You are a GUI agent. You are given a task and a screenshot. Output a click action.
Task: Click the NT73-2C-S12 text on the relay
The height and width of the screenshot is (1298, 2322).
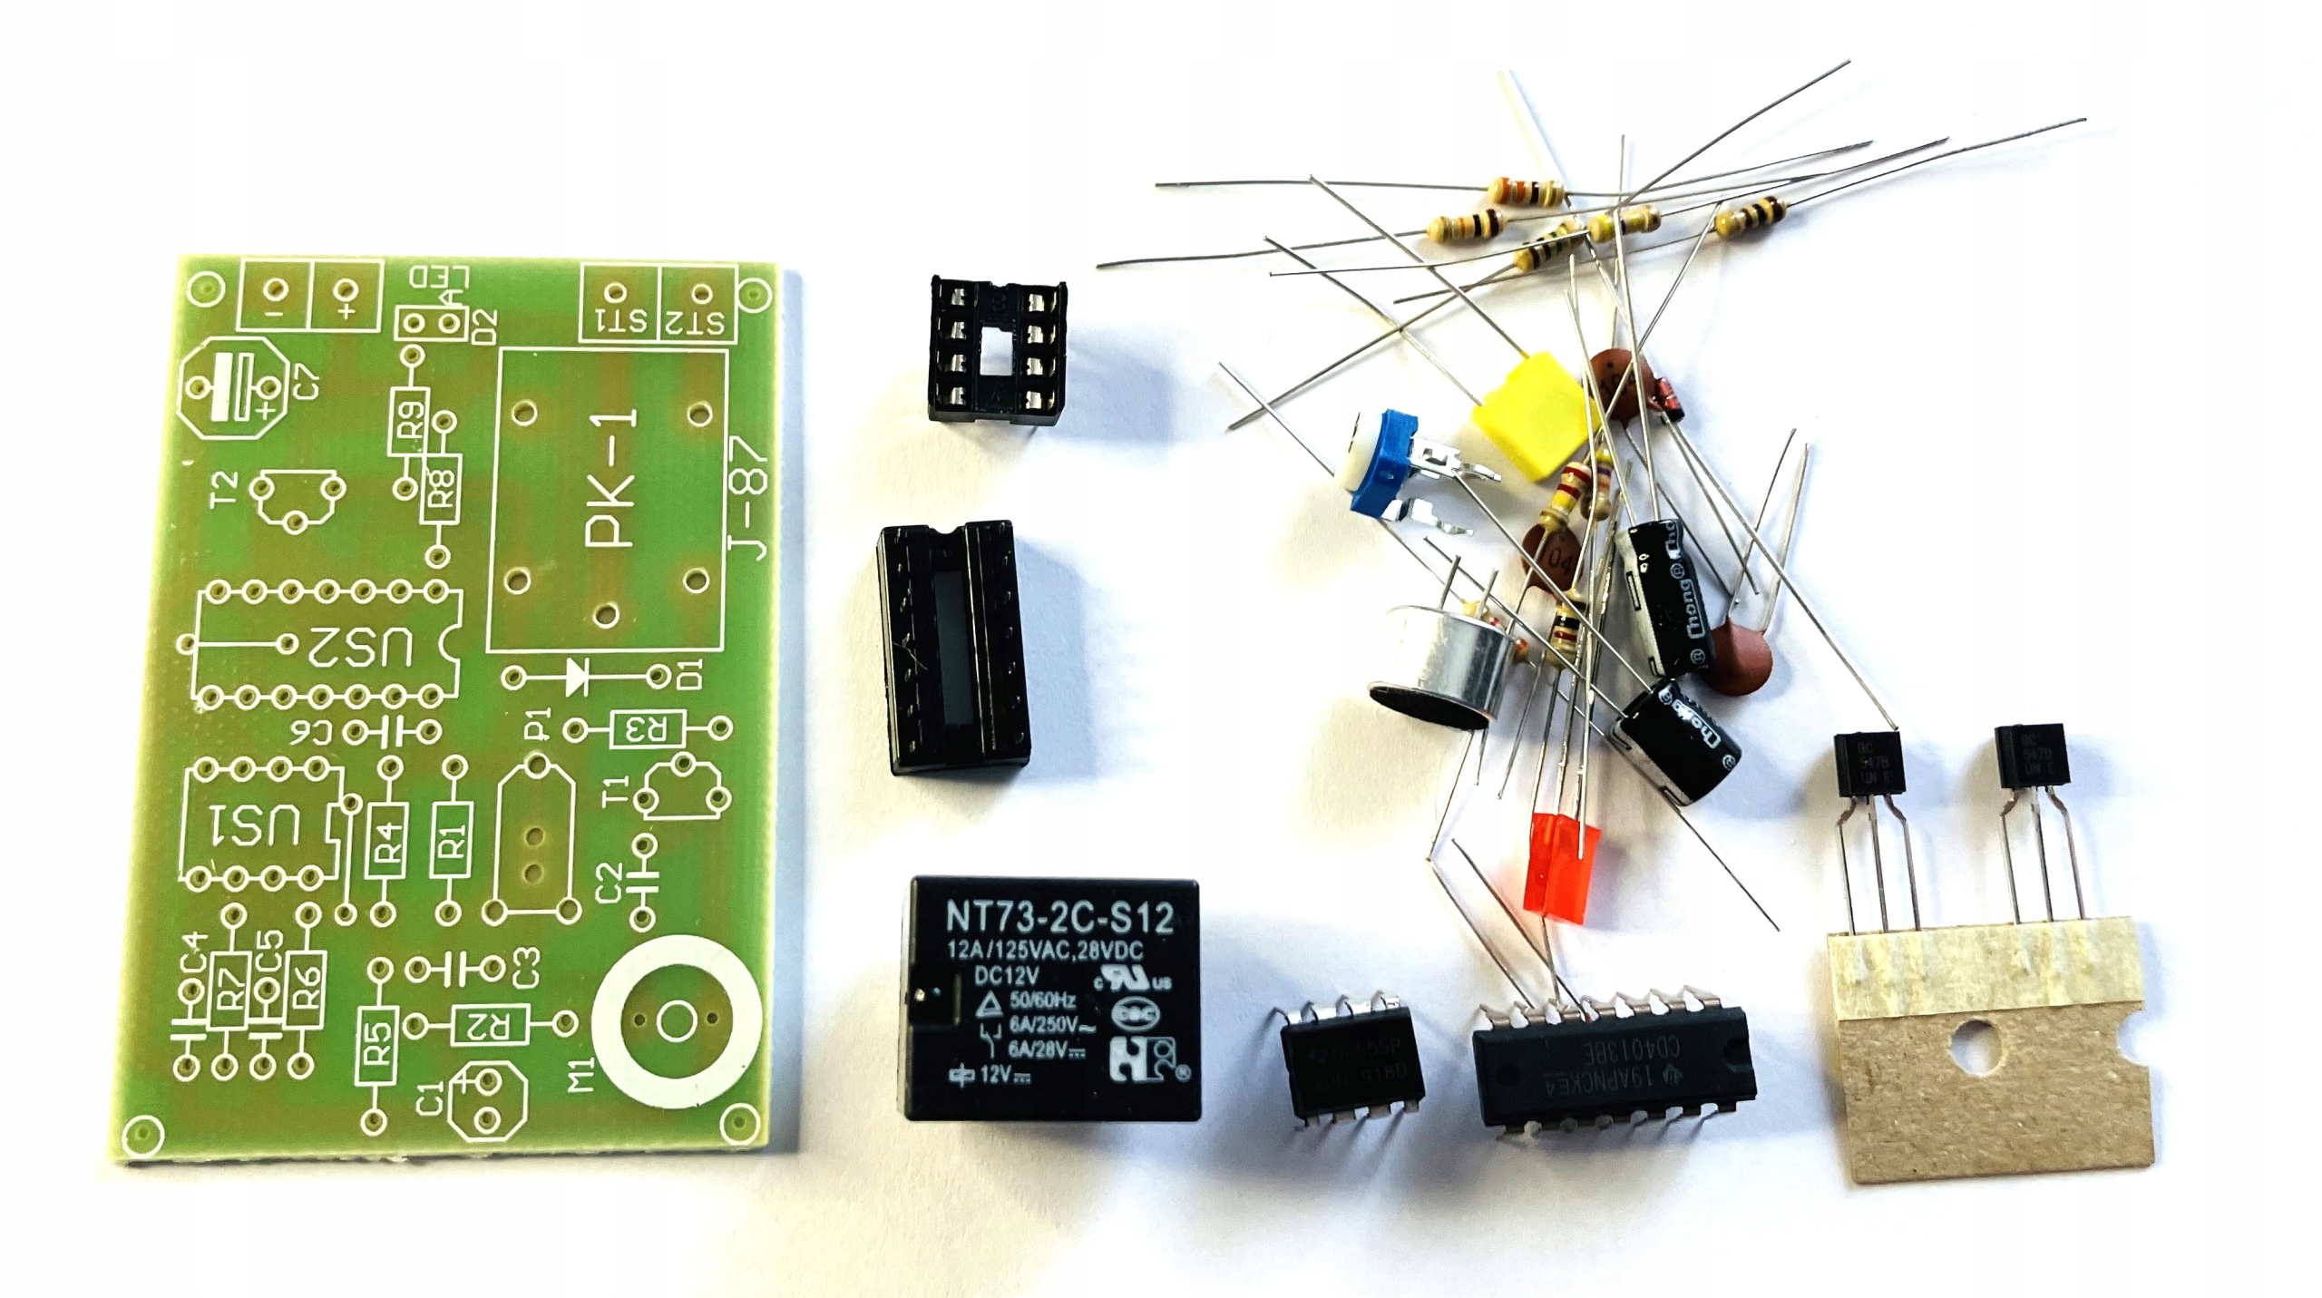point(1059,917)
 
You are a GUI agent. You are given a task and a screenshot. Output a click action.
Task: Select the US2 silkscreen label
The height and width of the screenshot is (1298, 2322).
point(364,646)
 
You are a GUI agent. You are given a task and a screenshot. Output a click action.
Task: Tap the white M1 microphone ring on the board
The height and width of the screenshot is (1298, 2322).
point(675,1022)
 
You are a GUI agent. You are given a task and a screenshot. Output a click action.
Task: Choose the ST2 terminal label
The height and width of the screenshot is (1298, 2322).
point(698,320)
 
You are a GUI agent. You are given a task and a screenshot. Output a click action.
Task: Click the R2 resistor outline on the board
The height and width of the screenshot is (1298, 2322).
point(490,1025)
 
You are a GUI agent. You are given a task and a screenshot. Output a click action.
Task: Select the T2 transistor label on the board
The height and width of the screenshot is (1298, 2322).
point(227,490)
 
